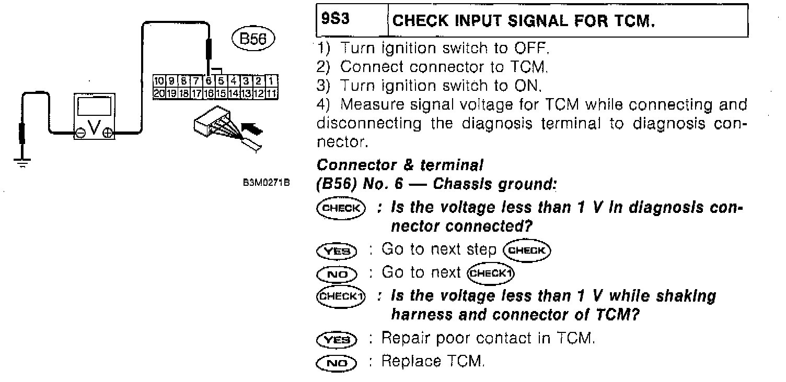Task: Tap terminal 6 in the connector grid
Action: (209, 80)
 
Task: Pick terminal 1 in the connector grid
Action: (271, 80)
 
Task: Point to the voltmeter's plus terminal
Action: (108, 133)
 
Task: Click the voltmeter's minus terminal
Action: (81, 133)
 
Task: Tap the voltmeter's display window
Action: (94, 106)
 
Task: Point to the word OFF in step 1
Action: (533, 49)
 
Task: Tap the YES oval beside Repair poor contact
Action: (337, 340)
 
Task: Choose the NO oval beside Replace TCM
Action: (337, 362)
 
